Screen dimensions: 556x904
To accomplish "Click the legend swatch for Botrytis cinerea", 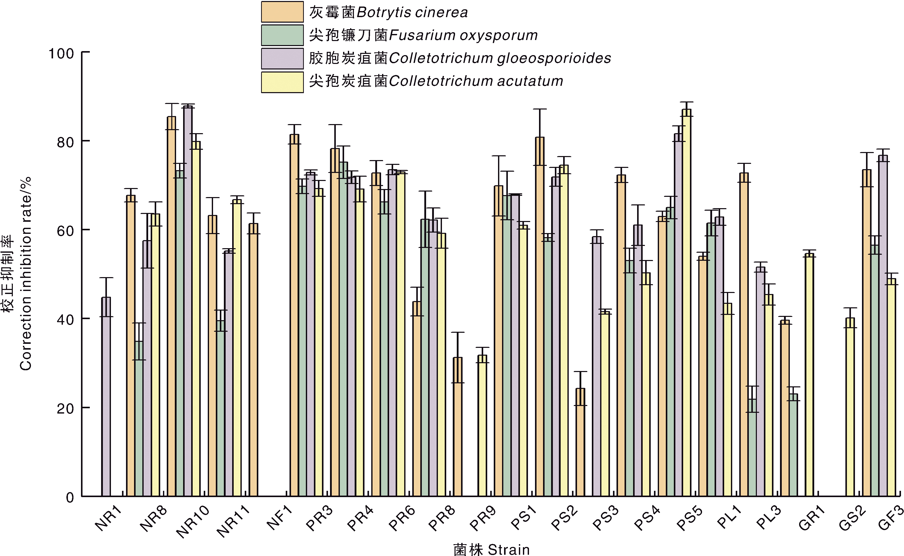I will click(282, 12).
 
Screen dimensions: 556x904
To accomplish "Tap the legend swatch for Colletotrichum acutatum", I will click(282, 82).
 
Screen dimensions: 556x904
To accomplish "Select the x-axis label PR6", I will click(402, 518).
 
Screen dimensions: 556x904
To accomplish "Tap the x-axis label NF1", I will click(279, 518).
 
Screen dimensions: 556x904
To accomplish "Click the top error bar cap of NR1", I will click(106, 278).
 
